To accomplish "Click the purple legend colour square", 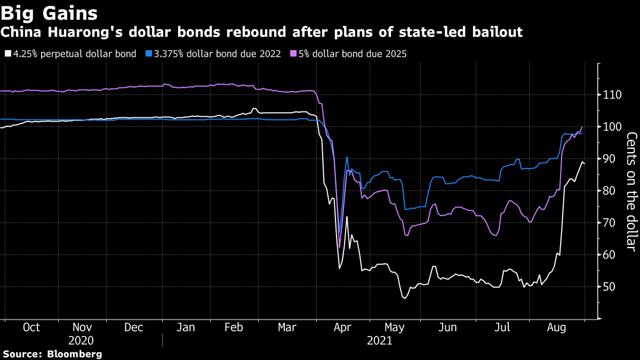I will click(293, 54).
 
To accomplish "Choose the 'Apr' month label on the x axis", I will click(342, 327).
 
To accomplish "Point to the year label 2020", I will click(81, 340).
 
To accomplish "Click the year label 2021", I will click(379, 340).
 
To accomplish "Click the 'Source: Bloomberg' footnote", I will click(52, 354).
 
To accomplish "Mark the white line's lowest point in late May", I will click(404, 298).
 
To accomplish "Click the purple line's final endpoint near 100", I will click(581, 127).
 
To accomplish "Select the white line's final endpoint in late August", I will click(585, 163).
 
